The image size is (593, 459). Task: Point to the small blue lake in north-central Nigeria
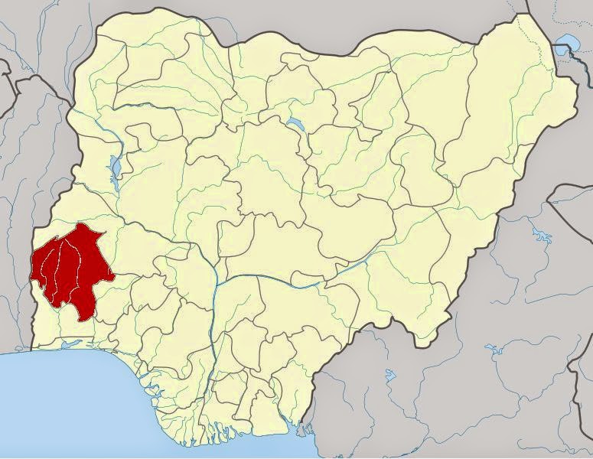tap(294, 122)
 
